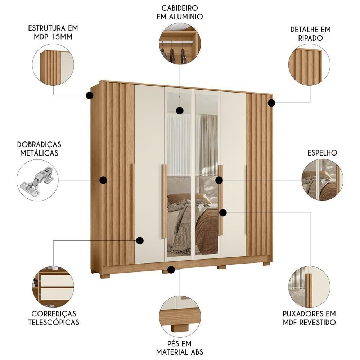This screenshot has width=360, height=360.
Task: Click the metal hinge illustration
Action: [x=37, y=180]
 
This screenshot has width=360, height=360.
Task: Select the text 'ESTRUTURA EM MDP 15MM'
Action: [x=53, y=32]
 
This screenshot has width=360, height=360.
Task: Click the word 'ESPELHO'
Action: [x=322, y=153]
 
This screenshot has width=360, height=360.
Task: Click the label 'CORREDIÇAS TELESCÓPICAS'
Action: [x=54, y=318]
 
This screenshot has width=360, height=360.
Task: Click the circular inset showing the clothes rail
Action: [x=180, y=44]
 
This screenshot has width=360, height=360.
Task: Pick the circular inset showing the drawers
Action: [x=53, y=287]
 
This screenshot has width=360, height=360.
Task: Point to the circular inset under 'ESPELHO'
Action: [x=322, y=180]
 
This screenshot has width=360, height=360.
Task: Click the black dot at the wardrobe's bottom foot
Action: [x=171, y=269]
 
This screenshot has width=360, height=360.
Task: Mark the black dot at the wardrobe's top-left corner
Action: [x=90, y=95]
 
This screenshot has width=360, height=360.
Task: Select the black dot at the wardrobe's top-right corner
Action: [x=271, y=103]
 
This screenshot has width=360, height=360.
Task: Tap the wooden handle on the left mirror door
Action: [x=164, y=201]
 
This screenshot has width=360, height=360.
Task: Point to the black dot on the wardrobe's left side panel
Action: [x=103, y=180]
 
